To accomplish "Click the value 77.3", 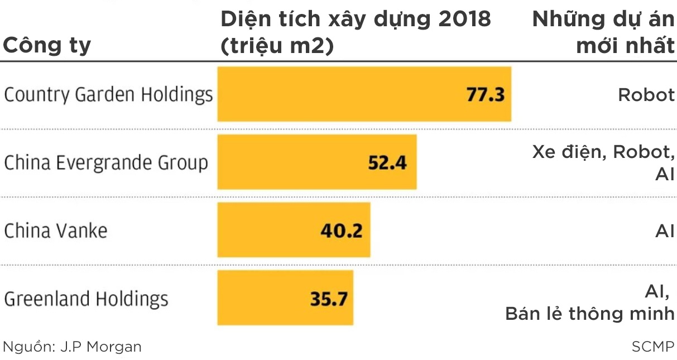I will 485,94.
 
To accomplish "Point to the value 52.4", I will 387,162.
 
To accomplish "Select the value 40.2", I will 342,231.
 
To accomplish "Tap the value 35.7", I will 328,299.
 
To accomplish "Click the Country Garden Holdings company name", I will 108,95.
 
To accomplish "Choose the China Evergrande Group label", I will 106,163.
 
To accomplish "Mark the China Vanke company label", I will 56,231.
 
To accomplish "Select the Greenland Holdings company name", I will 86,299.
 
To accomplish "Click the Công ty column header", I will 47,45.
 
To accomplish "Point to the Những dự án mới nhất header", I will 603,32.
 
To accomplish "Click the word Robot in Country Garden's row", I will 646,95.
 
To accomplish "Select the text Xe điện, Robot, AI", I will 603,162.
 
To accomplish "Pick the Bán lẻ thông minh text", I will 590,314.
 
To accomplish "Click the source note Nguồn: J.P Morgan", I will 73,347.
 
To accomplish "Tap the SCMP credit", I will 652,347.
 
